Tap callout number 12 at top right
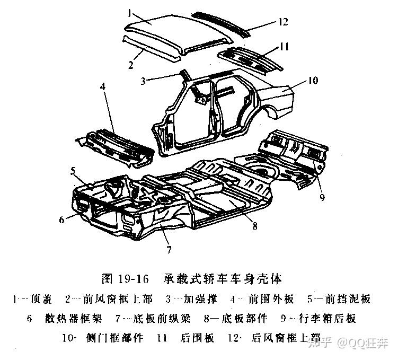click(282, 22)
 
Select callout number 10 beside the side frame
click(312, 81)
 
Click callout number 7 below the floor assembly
click(169, 249)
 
